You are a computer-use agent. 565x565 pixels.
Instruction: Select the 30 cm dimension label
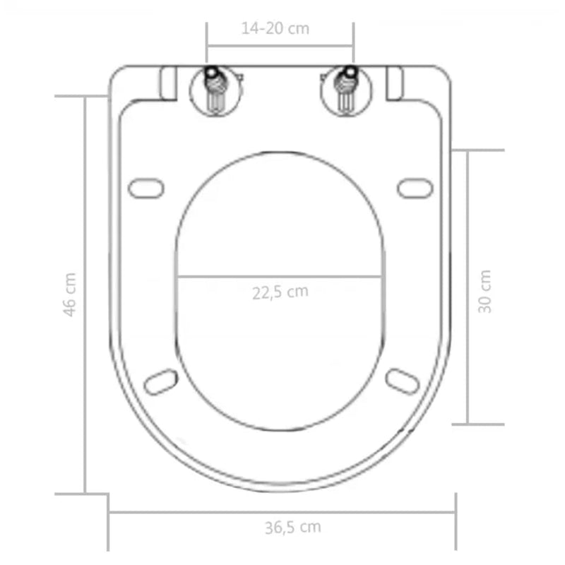[x=485, y=291]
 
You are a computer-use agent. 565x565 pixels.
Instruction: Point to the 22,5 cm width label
[x=280, y=292]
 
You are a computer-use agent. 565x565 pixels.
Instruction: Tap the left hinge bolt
[x=213, y=90]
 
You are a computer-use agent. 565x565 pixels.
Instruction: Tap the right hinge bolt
[x=345, y=90]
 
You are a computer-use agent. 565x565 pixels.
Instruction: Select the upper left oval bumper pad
[x=146, y=189]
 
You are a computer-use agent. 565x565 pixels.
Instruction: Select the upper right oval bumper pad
[x=415, y=188]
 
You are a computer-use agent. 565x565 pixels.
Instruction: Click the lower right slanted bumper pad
[x=403, y=381]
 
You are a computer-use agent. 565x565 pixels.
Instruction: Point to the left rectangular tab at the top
[x=169, y=83]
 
